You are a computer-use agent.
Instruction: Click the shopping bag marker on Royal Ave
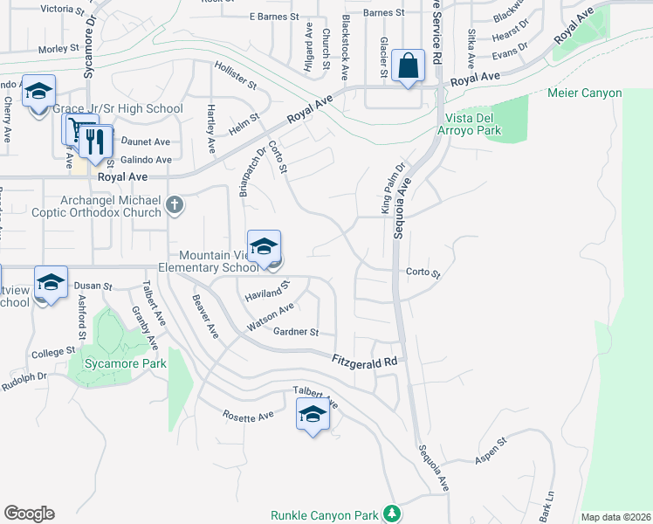point(409,66)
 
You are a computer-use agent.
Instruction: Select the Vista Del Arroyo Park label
point(473,124)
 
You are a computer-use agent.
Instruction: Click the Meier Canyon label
point(584,93)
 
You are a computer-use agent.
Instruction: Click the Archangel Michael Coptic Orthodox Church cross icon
point(175,204)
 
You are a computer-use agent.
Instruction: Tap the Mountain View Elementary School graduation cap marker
point(264,248)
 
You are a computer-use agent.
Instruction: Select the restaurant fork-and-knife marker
point(96,141)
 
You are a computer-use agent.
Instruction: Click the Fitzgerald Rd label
point(365,360)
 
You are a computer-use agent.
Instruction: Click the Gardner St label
point(297,332)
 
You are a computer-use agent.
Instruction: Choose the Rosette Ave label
point(248,417)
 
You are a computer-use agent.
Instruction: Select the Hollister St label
point(236,75)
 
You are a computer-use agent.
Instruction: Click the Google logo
point(29,514)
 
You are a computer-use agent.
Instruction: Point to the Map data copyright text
point(614,517)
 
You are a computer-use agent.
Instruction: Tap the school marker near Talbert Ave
point(312,415)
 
